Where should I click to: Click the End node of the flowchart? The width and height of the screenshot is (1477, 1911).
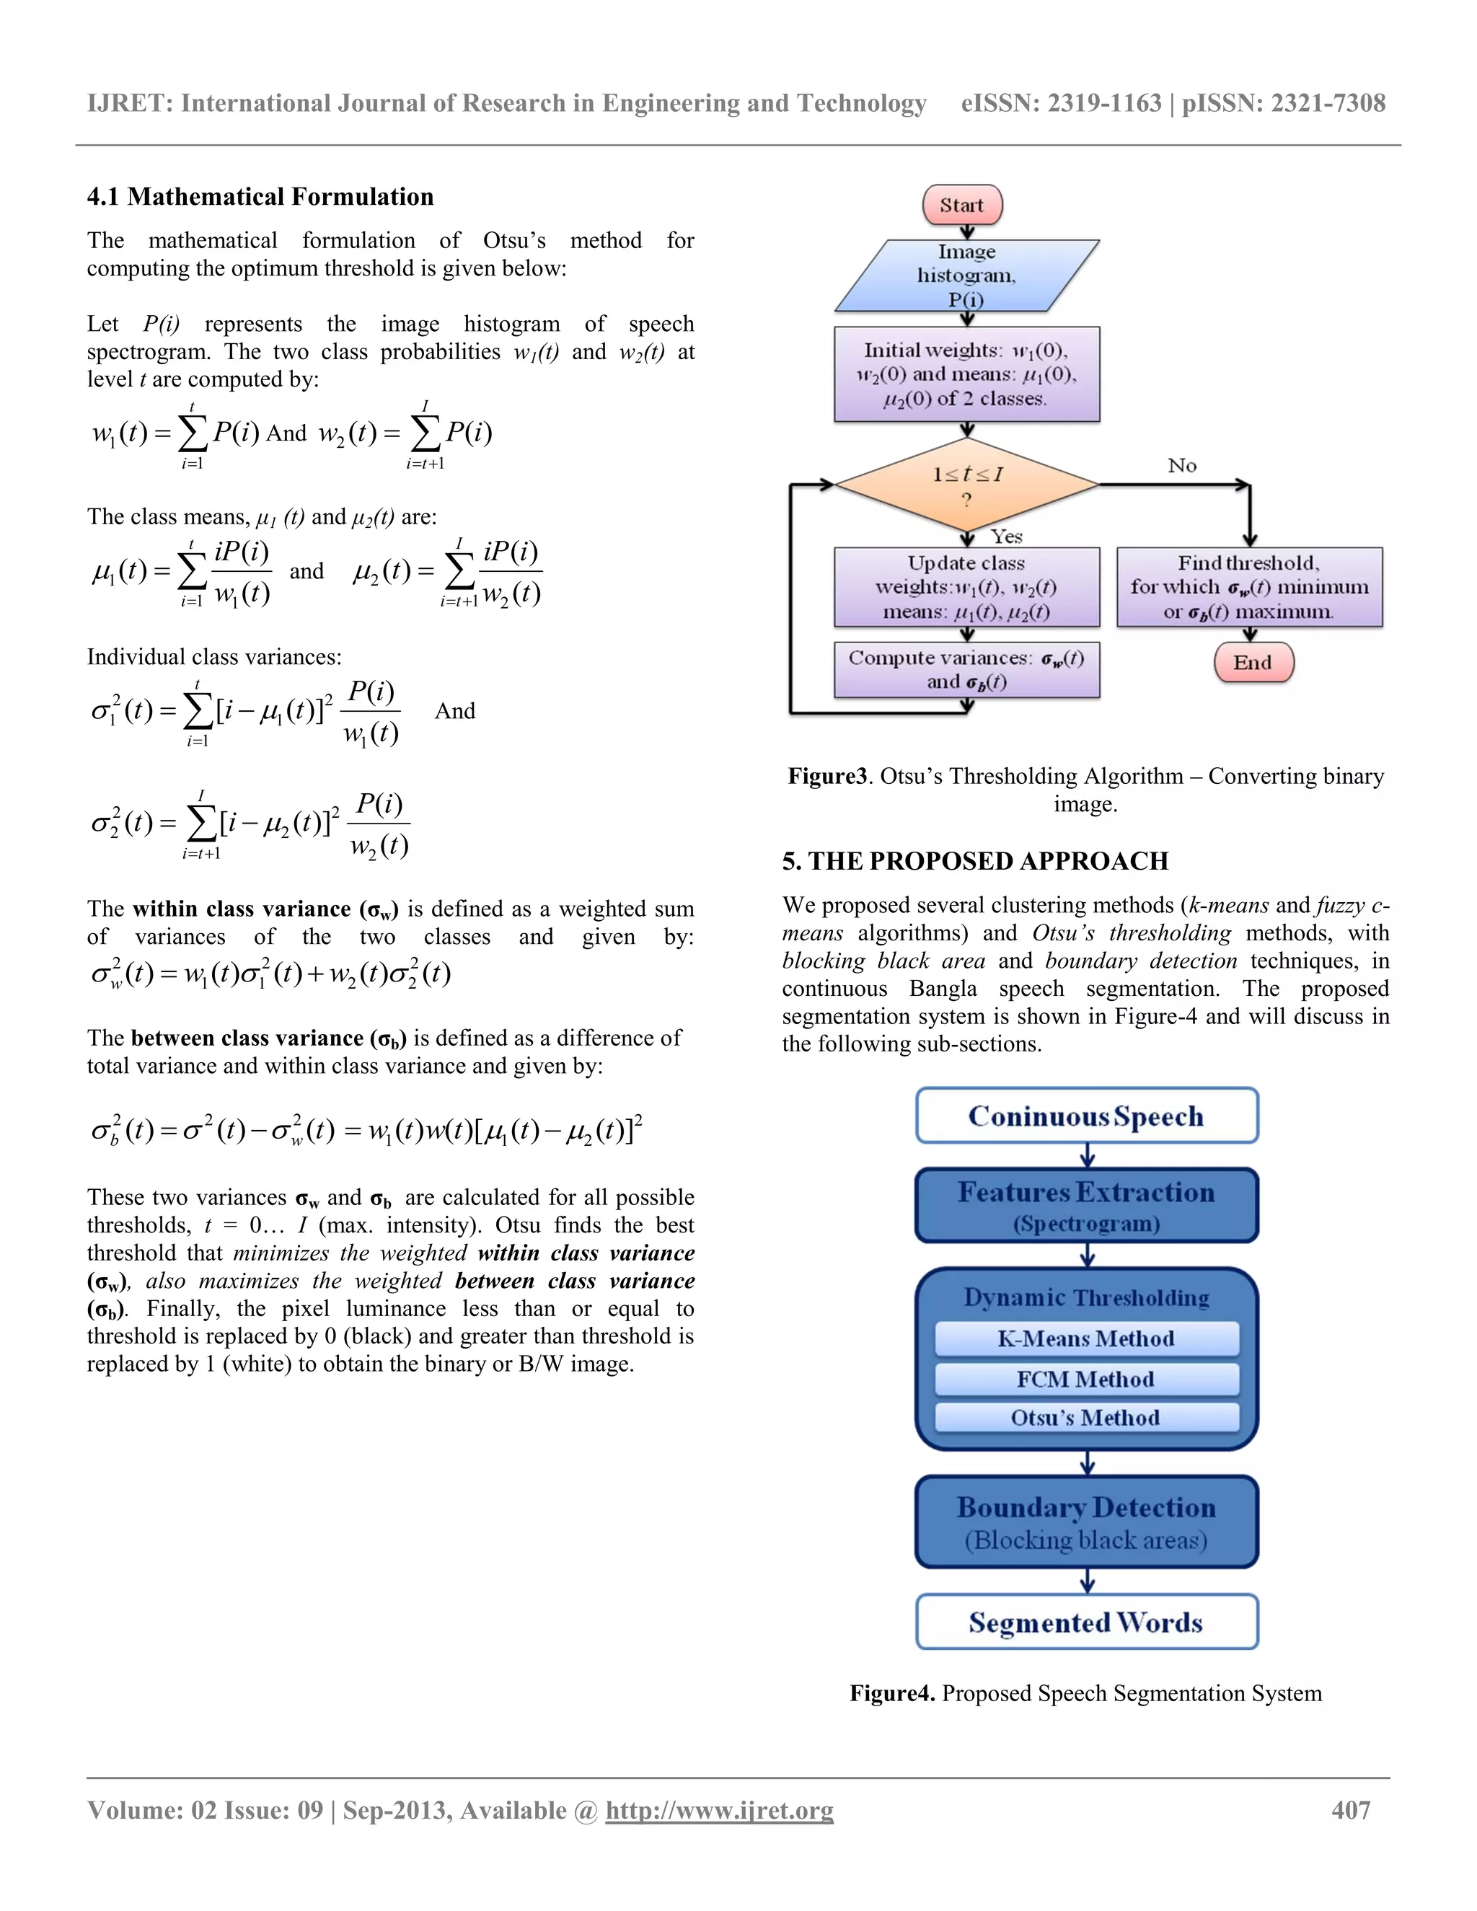point(1253,663)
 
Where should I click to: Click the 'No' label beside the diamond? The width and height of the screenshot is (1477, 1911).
point(1181,466)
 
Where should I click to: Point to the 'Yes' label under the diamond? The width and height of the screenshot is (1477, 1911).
point(1006,537)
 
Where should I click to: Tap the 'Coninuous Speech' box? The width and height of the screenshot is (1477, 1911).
point(1086,1116)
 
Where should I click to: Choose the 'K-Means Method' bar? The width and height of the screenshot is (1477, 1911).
point(1086,1338)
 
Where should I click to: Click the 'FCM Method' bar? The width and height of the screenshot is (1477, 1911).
point(1086,1379)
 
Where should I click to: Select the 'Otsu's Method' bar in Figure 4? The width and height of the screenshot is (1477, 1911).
point(1086,1418)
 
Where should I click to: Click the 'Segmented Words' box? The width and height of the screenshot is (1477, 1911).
point(1086,1623)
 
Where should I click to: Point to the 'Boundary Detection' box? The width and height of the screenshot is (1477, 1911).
point(1086,1522)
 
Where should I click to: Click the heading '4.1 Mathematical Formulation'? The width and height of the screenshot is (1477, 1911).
point(260,196)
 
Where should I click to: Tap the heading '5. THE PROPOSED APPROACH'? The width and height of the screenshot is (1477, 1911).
point(975,861)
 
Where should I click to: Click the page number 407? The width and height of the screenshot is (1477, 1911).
point(1350,1809)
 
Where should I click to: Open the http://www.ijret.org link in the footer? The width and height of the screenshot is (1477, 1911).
point(719,1809)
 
